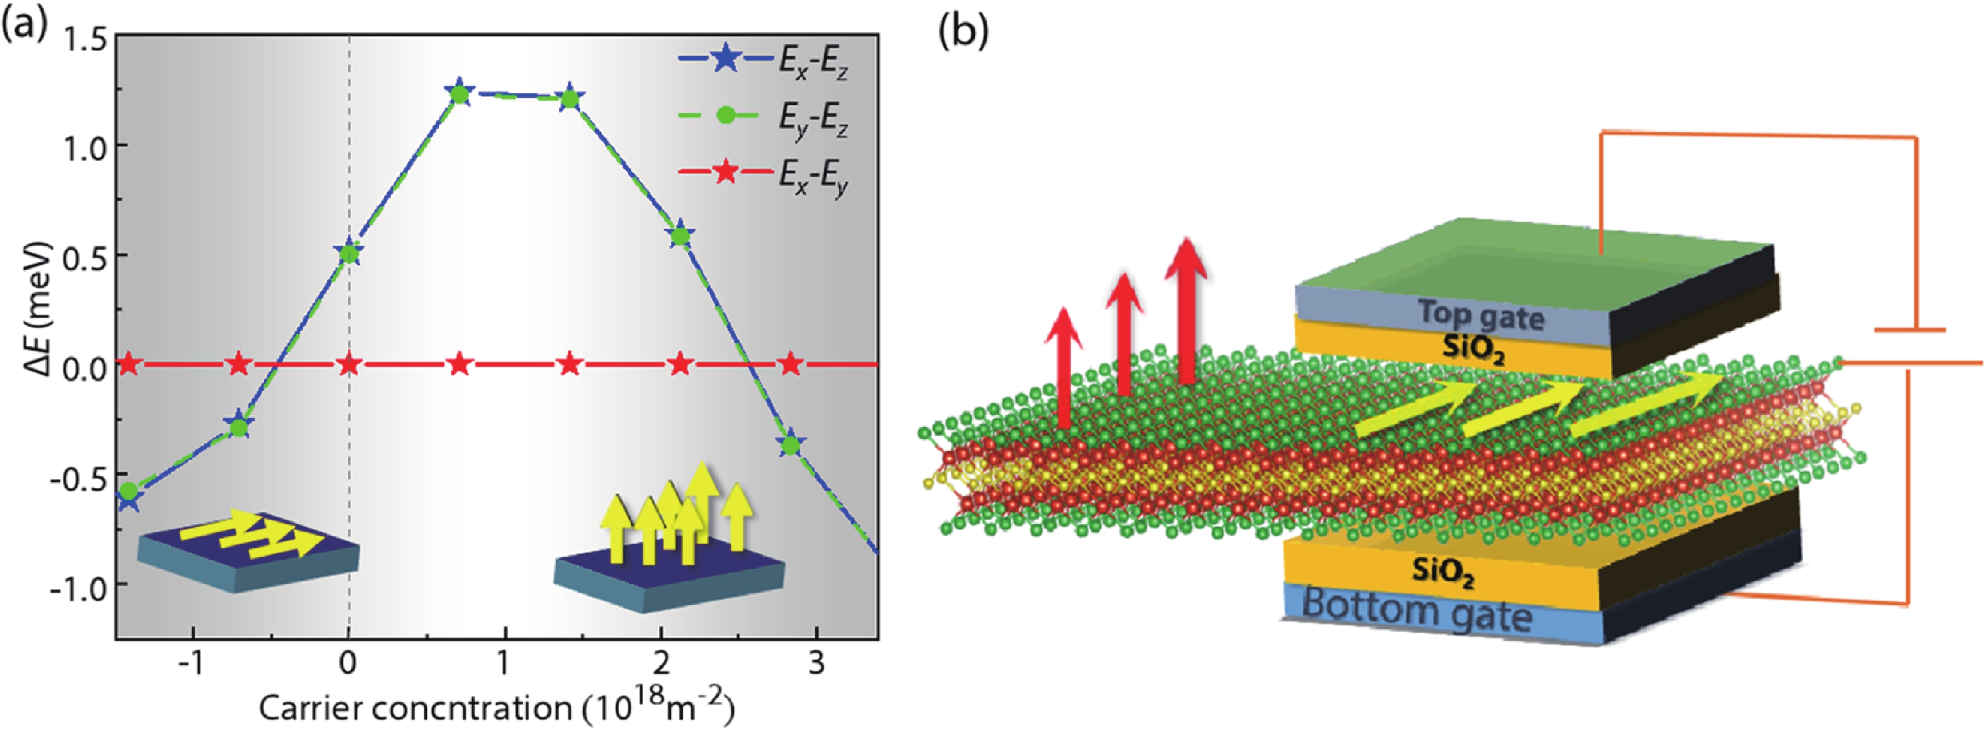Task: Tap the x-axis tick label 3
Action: pyautogui.click(x=816, y=663)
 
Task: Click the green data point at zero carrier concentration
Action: pyautogui.click(x=349, y=253)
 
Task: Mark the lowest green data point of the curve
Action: pyautogui.click(x=129, y=490)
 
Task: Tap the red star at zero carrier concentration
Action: pyautogui.click(x=349, y=364)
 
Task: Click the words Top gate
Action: pyautogui.click(x=1480, y=316)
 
